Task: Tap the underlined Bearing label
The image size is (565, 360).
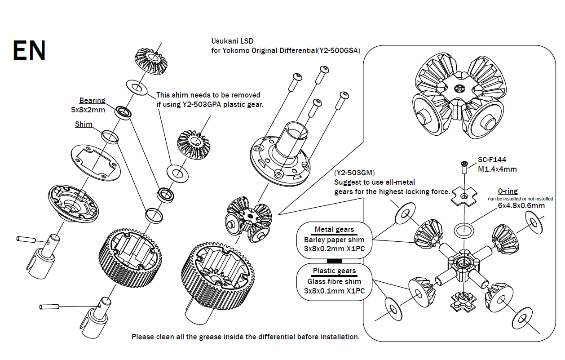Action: click(92, 101)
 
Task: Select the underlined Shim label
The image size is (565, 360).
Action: click(84, 124)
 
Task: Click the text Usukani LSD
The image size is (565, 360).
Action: click(232, 41)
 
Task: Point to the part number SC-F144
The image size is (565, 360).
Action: click(492, 160)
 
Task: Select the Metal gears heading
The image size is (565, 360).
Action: click(334, 230)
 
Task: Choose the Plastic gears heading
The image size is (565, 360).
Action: click(334, 271)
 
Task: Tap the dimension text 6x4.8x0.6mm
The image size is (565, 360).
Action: click(521, 205)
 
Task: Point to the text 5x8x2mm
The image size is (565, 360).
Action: click(88, 109)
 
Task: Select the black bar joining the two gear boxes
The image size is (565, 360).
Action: click(334, 261)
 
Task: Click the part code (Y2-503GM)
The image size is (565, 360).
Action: click(354, 173)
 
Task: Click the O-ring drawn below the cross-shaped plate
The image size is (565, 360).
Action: click(463, 231)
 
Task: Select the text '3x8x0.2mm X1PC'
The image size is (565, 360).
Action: click(334, 249)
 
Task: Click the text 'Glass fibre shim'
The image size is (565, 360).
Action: click(334, 281)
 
